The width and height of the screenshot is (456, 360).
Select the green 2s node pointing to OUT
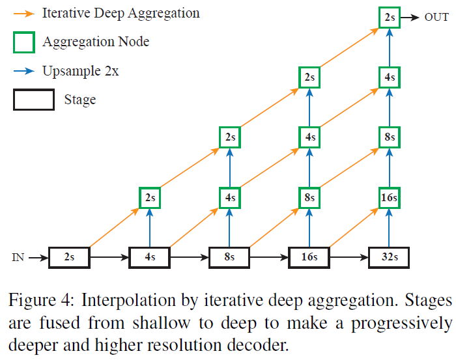(389, 18)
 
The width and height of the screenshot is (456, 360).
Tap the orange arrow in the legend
(25, 12)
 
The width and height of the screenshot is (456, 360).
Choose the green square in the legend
(25, 42)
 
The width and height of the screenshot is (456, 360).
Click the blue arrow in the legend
(25, 71)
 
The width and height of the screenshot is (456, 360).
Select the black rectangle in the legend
(33, 100)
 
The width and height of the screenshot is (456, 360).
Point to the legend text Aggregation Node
(96, 42)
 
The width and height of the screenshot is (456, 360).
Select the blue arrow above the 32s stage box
(389, 228)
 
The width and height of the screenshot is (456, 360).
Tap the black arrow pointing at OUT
(409, 18)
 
